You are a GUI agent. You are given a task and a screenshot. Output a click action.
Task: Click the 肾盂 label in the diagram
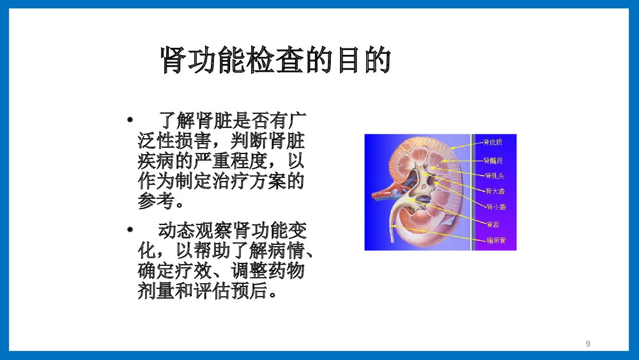(x=493, y=224)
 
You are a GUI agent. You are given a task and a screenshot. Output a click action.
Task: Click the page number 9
(x=588, y=345)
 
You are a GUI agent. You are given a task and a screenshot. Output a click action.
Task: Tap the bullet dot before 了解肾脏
(x=130, y=120)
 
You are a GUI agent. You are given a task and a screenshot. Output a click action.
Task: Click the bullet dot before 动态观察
(x=130, y=229)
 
